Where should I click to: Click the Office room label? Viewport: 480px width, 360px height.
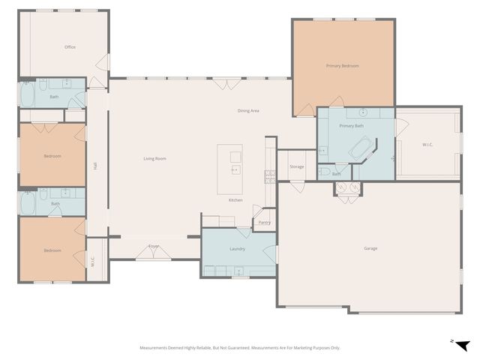pos(70,47)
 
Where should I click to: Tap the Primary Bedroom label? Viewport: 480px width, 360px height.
pos(342,66)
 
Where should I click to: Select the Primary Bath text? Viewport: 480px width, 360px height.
pos(351,126)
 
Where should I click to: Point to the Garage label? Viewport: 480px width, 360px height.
pos(370,248)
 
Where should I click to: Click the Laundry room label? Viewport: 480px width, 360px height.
pos(238,248)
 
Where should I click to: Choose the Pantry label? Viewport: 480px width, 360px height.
pos(264,223)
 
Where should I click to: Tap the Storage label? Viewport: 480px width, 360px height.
pos(297,166)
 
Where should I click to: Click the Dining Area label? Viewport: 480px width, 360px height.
pos(248,111)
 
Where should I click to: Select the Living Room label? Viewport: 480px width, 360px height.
pos(154,158)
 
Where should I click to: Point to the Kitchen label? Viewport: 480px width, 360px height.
pos(235,200)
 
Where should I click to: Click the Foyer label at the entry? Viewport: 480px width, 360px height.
pos(154,246)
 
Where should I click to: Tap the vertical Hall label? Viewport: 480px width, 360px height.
pos(95,166)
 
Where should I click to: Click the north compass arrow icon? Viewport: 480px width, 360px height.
pos(463,345)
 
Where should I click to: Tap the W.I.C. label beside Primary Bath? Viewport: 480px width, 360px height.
pos(428,145)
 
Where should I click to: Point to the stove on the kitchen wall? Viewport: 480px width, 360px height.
pos(268,176)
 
